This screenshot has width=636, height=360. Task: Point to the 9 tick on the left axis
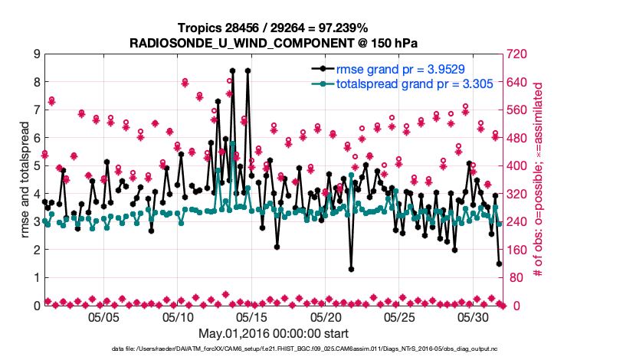point(36,54)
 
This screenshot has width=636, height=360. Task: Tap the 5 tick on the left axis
point(36,165)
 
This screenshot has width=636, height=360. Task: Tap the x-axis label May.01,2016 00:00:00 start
point(274,333)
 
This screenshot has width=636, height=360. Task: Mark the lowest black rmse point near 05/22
point(351,269)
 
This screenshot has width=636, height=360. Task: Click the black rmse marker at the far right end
point(500,263)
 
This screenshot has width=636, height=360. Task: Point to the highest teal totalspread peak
point(232,144)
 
